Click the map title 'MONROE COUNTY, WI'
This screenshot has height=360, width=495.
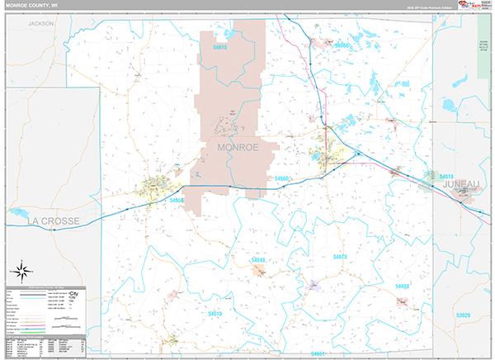coord(32,6)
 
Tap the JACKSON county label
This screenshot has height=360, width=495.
coord(40,24)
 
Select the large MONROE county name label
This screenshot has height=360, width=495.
coord(238,147)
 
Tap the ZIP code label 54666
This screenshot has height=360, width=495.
coord(342,45)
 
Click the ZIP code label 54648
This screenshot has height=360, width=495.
coord(258,260)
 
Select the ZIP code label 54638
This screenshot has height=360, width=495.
coord(403,286)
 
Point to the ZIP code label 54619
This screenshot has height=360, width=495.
coord(214,314)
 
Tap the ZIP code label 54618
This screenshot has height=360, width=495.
coord(446,177)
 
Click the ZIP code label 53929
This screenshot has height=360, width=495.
coord(464,315)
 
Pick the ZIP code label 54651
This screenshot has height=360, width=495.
coord(317,353)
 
